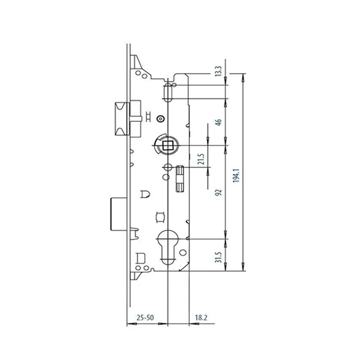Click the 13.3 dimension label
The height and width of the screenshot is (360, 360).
click(218, 71)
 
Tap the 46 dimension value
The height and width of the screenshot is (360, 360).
click(219, 122)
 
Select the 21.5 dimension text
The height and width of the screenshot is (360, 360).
click(201, 159)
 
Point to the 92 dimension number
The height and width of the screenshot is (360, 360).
click(219, 193)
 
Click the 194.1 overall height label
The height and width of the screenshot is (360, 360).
click(236, 176)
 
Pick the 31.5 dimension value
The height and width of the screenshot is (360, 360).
click(218, 257)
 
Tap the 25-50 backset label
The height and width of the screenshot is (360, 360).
click(145, 318)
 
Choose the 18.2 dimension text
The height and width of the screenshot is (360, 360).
click(201, 318)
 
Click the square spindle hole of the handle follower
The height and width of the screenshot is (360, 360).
click(167, 145)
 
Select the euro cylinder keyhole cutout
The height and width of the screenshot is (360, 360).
click(168, 247)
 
